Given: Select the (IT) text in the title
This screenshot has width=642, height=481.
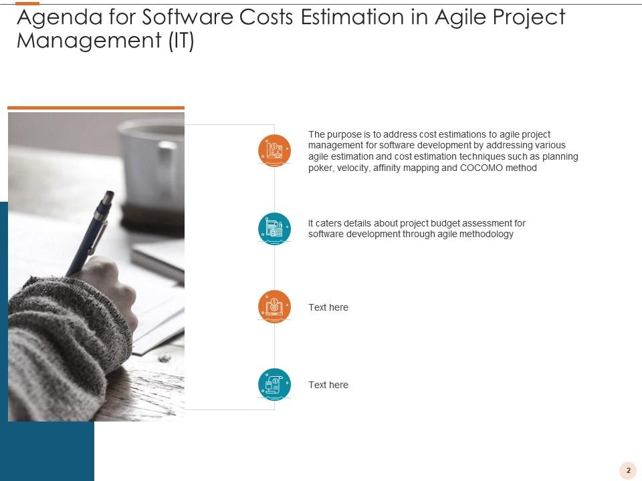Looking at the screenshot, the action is tap(181, 41).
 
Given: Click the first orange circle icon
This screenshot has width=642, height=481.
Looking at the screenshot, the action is tap(274, 150).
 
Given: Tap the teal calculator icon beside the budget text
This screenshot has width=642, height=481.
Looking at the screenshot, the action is tap(274, 228).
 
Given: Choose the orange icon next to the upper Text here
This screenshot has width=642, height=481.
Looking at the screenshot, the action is tap(274, 307).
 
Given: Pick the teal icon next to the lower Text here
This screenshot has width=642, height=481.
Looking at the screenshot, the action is tap(274, 385).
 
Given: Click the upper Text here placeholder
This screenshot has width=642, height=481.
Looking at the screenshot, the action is tap(328, 307).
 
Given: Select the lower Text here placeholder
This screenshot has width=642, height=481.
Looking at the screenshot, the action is tap(328, 385).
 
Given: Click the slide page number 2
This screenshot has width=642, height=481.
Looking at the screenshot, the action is tap(629, 470).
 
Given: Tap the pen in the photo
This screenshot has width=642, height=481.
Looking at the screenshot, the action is tap(90, 233).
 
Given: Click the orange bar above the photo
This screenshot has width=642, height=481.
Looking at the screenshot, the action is tap(96, 108).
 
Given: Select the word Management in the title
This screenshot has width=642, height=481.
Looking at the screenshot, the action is tap(89, 41).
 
